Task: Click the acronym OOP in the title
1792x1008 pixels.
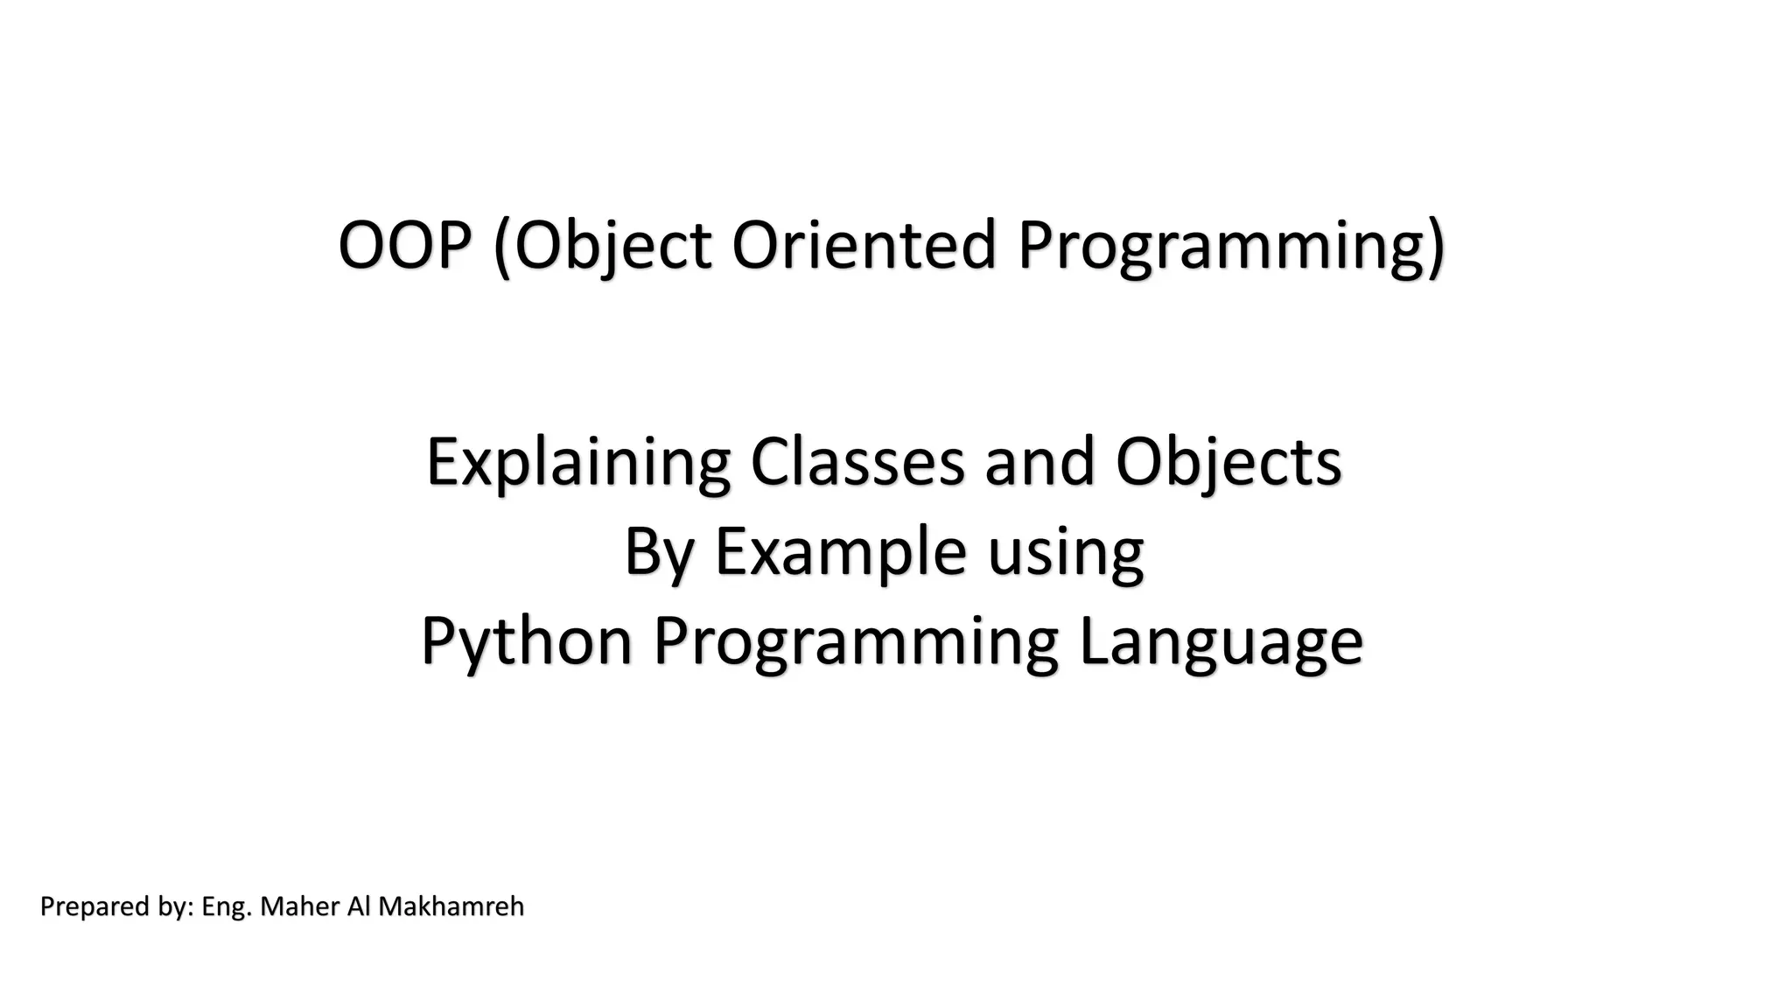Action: coord(404,245)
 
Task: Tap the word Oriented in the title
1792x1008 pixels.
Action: coord(864,245)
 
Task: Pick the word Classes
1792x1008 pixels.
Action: coord(857,462)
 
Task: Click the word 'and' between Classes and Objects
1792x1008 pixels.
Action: coord(1039,462)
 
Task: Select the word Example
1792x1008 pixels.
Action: coord(840,553)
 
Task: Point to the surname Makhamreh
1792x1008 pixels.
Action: coord(451,906)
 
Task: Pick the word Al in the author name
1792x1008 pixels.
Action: coord(359,906)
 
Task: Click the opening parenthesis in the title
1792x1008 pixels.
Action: coord(502,248)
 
